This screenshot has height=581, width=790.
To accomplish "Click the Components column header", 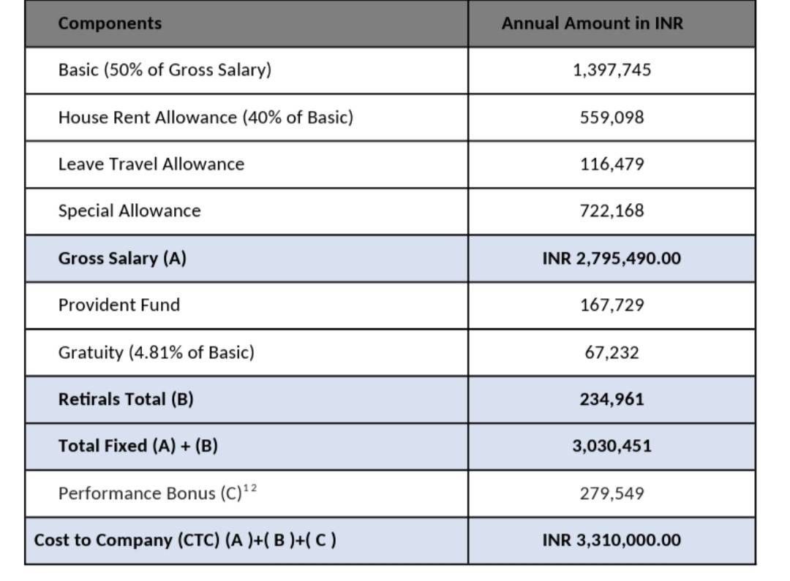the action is click(110, 23).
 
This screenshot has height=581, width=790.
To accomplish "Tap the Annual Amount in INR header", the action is click(592, 23).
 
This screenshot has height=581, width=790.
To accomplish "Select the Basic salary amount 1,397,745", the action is click(612, 69).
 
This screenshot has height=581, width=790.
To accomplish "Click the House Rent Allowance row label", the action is click(206, 118).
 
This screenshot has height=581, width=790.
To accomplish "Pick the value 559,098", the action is click(612, 118).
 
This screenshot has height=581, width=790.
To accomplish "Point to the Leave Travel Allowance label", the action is click(151, 164).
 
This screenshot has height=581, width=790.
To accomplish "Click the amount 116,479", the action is click(612, 164).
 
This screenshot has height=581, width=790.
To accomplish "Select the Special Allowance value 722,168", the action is click(612, 210).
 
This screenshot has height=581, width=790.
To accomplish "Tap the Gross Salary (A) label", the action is click(122, 258).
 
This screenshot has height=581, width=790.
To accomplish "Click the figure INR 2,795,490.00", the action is click(612, 258).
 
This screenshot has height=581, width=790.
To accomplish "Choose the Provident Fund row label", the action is click(119, 305).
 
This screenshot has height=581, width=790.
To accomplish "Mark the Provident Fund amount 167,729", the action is click(612, 305).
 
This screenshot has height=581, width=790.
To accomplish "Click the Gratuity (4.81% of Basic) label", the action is click(157, 352).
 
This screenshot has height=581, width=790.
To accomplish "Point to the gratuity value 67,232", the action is click(612, 352).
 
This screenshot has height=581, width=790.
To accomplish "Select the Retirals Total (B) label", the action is click(126, 399).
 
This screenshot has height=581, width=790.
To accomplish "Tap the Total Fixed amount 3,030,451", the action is click(612, 446).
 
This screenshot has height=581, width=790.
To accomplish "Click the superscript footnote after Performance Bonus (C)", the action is click(250, 487).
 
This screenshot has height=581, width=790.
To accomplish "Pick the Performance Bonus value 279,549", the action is click(612, 493).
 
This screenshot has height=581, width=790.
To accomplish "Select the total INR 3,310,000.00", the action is click(612, 540).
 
